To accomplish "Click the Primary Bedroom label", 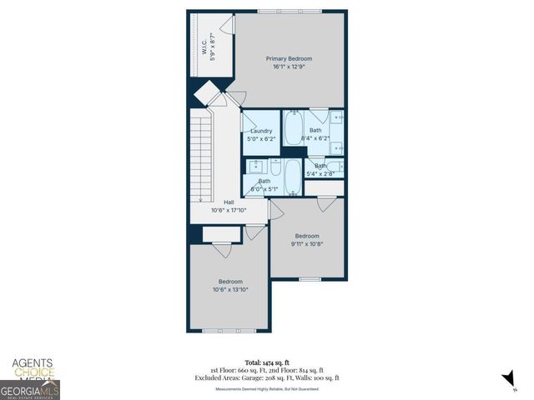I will (x=289, y=58).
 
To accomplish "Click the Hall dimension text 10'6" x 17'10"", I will (x=229, y=210).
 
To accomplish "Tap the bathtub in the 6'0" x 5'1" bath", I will (x=293, y=176).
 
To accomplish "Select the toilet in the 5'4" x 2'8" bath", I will (x=332, y=167).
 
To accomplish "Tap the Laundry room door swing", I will (x=248, y=123).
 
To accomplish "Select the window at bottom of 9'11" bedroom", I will (x=310, y=279).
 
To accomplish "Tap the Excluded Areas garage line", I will (x=266, y=377).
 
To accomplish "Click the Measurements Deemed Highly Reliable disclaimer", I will (x=266, y=388).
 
